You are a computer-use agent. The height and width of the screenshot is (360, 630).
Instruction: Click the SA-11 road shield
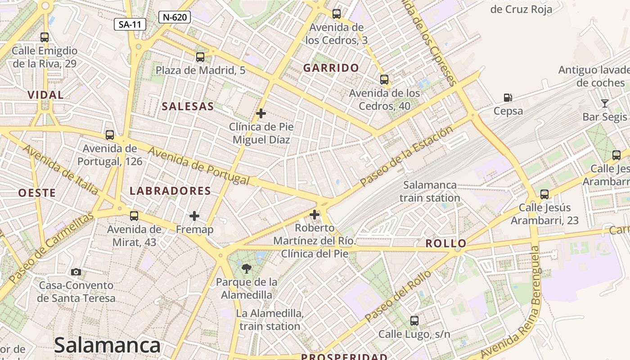coord(130,24)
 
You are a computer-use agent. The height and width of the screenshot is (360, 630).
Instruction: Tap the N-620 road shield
coord(175,18)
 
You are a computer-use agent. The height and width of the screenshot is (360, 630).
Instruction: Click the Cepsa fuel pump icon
coord(508,98)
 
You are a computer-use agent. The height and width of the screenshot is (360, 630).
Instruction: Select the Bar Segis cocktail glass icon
coord(604,103)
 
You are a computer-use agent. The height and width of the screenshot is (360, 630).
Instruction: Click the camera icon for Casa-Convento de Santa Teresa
coord(76,272)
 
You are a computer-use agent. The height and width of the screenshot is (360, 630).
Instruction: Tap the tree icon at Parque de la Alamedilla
coord(246,269)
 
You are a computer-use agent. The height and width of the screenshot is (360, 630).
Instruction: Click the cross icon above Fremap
coord(194,216)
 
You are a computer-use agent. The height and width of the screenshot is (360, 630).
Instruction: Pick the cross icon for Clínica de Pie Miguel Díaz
coord(261,113)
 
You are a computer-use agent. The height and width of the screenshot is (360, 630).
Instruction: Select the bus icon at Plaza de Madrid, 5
coord(200,57)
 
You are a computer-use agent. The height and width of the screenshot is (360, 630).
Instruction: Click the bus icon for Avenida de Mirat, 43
coord(134,216)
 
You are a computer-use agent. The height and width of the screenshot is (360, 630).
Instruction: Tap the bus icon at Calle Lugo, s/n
coord(414,321)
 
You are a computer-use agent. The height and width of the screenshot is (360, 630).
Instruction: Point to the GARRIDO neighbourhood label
coord(331,68)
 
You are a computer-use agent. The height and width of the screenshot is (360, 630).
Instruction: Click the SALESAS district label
coord(188,107)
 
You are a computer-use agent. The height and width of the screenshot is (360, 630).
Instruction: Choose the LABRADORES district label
coord(170,191)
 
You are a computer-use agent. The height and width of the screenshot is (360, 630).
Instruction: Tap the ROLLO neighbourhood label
coord(446,244)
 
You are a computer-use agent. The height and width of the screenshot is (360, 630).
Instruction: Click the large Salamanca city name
coord(107,346)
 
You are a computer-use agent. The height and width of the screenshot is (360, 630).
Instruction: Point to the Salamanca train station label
coord(430,191)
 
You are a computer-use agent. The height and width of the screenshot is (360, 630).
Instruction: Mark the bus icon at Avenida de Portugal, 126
coord(109,135)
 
